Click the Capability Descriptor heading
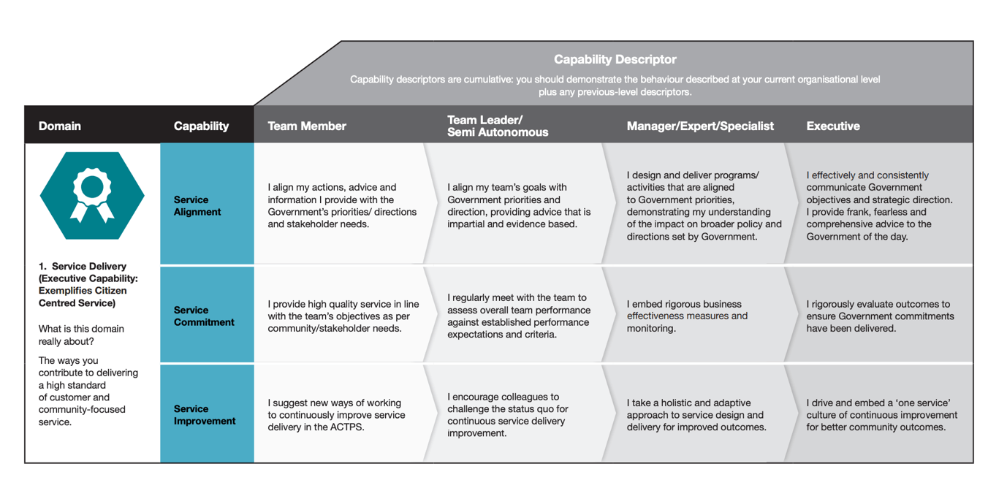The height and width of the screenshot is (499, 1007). tap(615, 60)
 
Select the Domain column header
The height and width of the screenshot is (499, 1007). tap(60, 126)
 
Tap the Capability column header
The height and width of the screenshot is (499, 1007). tap(201, 126)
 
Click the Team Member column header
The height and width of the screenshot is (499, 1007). tap(307, 126)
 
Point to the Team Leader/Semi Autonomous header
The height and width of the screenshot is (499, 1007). tap(497, 126)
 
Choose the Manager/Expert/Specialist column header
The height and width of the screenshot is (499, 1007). tap(699, 126)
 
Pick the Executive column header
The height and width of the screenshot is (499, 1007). tap(832, 126)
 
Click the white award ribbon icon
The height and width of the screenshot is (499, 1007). tap(92, 195)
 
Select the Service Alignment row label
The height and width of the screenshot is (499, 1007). tap(197, 206)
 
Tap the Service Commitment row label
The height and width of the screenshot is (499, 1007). tap(204, 316)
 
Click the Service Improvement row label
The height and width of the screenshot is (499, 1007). tap(205, 414)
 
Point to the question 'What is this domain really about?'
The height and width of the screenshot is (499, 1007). tap(81, 335)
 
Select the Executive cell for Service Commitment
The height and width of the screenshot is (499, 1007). tap(880, 316)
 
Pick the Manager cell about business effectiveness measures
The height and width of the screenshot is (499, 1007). tap(687, 316)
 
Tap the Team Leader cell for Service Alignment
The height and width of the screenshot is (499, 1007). tap(519, 205)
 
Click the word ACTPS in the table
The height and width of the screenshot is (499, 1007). tap(347, 427)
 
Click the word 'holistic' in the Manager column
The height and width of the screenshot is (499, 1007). tap(683, 403)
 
